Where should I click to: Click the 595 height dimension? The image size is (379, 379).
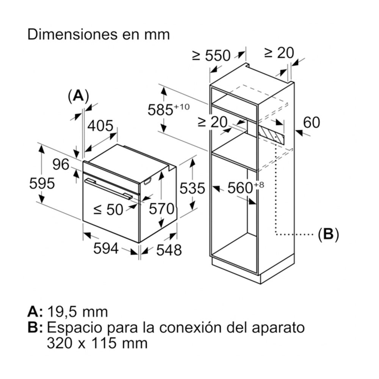[x=42, y=184]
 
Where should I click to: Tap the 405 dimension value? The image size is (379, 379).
[x=100, y=125]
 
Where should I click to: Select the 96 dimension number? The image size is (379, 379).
[x=61, y=164]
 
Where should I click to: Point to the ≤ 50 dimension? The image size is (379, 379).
[x=108, y=209]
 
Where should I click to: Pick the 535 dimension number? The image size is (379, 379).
[x=192, y=188]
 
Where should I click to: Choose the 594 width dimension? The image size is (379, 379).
[x=106, y=249]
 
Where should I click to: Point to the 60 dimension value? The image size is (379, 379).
[x=312, y=122]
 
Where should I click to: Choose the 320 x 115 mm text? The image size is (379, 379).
[x=97, y=343]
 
